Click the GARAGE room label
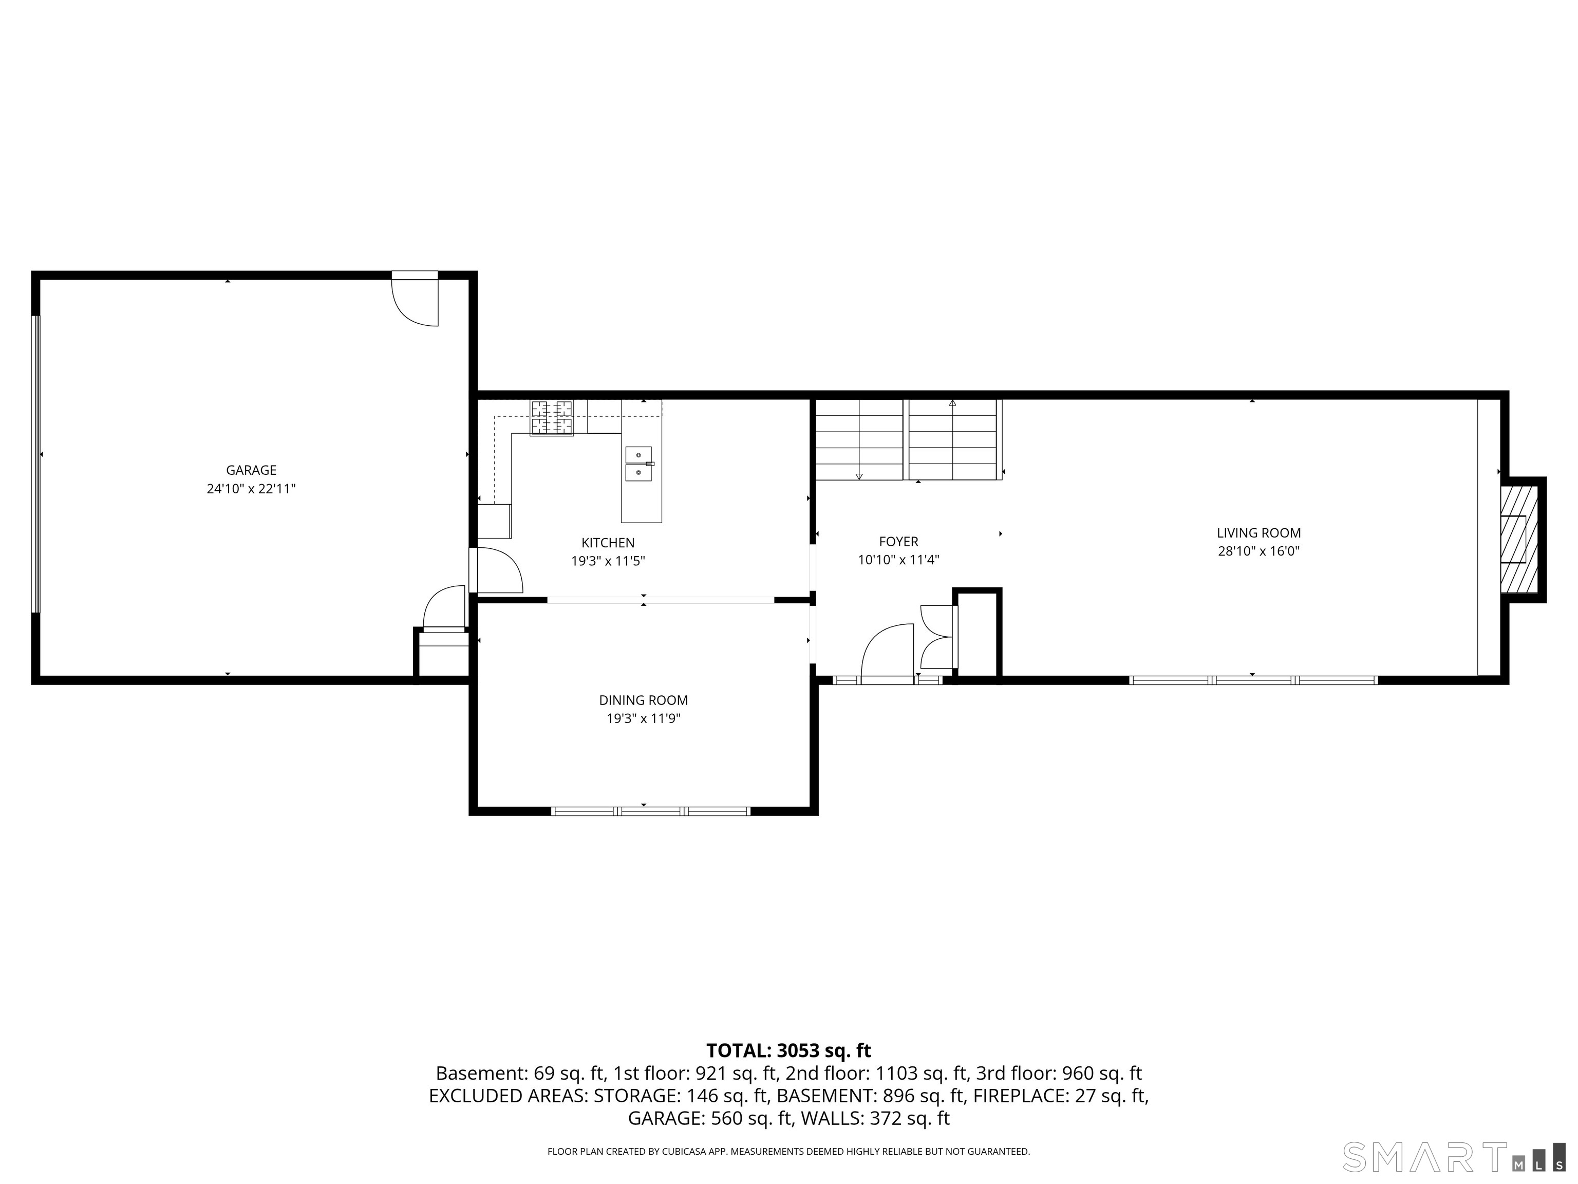251,470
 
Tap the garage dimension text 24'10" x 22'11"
251,489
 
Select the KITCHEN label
608,543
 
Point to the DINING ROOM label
644,701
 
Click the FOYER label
898,542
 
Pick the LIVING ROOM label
1258,533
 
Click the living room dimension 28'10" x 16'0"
1258,551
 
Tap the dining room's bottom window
651,811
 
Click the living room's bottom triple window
1253,680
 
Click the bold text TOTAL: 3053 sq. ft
788,1050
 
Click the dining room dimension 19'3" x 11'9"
644,719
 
